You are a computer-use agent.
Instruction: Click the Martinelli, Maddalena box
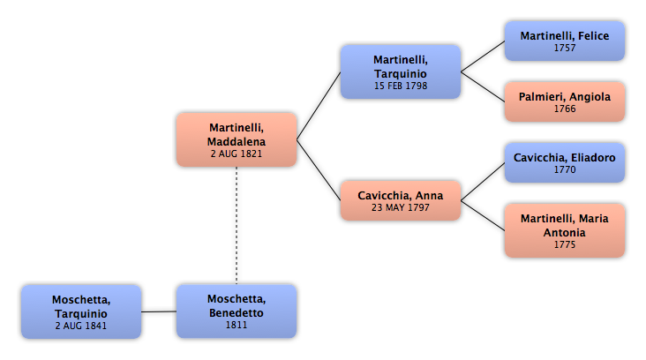click(237, 140)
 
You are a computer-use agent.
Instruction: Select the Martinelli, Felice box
click(565, 41)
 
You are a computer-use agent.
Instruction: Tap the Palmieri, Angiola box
click(565, 101)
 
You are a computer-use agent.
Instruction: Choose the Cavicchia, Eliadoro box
click(565, 162)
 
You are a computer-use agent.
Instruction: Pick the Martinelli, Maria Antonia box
click(565, 230)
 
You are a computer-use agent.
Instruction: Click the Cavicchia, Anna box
click(401, 200)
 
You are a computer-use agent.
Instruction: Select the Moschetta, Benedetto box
click(237, 311)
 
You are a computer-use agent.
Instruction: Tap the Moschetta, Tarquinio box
click(81, 311)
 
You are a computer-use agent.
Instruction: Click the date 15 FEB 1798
click(401, 86)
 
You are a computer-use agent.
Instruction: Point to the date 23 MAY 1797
click(401, 207)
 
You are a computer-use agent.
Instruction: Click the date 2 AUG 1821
click(237, 154)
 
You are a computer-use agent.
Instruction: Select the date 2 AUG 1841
click(81, 326)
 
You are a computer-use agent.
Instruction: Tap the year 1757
click(565, 48)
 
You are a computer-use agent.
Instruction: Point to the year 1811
click(237, 325)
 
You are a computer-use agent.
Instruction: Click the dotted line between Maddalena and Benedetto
click(237, 226)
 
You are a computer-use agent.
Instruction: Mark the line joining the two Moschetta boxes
click(159, 311)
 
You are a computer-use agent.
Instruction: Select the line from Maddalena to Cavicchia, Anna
click(319, 170)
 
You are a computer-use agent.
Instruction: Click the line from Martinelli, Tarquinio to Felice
click(483, 56)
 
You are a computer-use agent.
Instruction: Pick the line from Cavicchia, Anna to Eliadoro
click(483, 182)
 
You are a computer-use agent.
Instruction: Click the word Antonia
click(565, 233)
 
